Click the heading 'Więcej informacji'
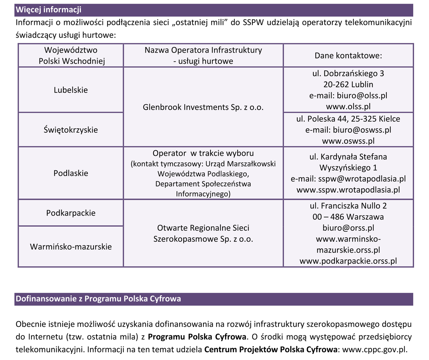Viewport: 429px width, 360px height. click(x=49, y=10)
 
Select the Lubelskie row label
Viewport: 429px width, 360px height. click(x=71, y=90)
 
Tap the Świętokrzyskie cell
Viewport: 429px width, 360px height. click(x=71, y=130)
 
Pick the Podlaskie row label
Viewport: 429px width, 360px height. click(x=71, y=173)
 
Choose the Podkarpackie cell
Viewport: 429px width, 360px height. click(x=71, y=213)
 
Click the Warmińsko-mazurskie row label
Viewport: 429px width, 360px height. click(x=71, y=247)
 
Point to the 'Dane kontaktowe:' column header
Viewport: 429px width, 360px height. click(x=348, y=56)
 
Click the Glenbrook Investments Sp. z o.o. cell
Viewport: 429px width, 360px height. click(x=203, y=107)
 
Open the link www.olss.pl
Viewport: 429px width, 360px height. click(x=348, y=107)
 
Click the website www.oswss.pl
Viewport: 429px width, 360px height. click(x=348, y=141)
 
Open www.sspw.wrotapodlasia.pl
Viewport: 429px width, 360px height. click(x=348, y=190)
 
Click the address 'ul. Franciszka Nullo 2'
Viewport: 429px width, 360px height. click(x=348, y=206)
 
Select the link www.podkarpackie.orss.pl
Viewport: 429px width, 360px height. click(x=348, y=261)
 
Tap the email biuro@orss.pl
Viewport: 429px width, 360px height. click(x=348, y=228)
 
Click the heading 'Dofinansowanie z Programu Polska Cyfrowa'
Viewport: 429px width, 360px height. click(x=98, y=299)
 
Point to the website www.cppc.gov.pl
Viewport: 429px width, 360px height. click(x=375, y=350)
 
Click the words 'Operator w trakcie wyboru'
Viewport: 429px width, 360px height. click(x=203, y=153)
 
